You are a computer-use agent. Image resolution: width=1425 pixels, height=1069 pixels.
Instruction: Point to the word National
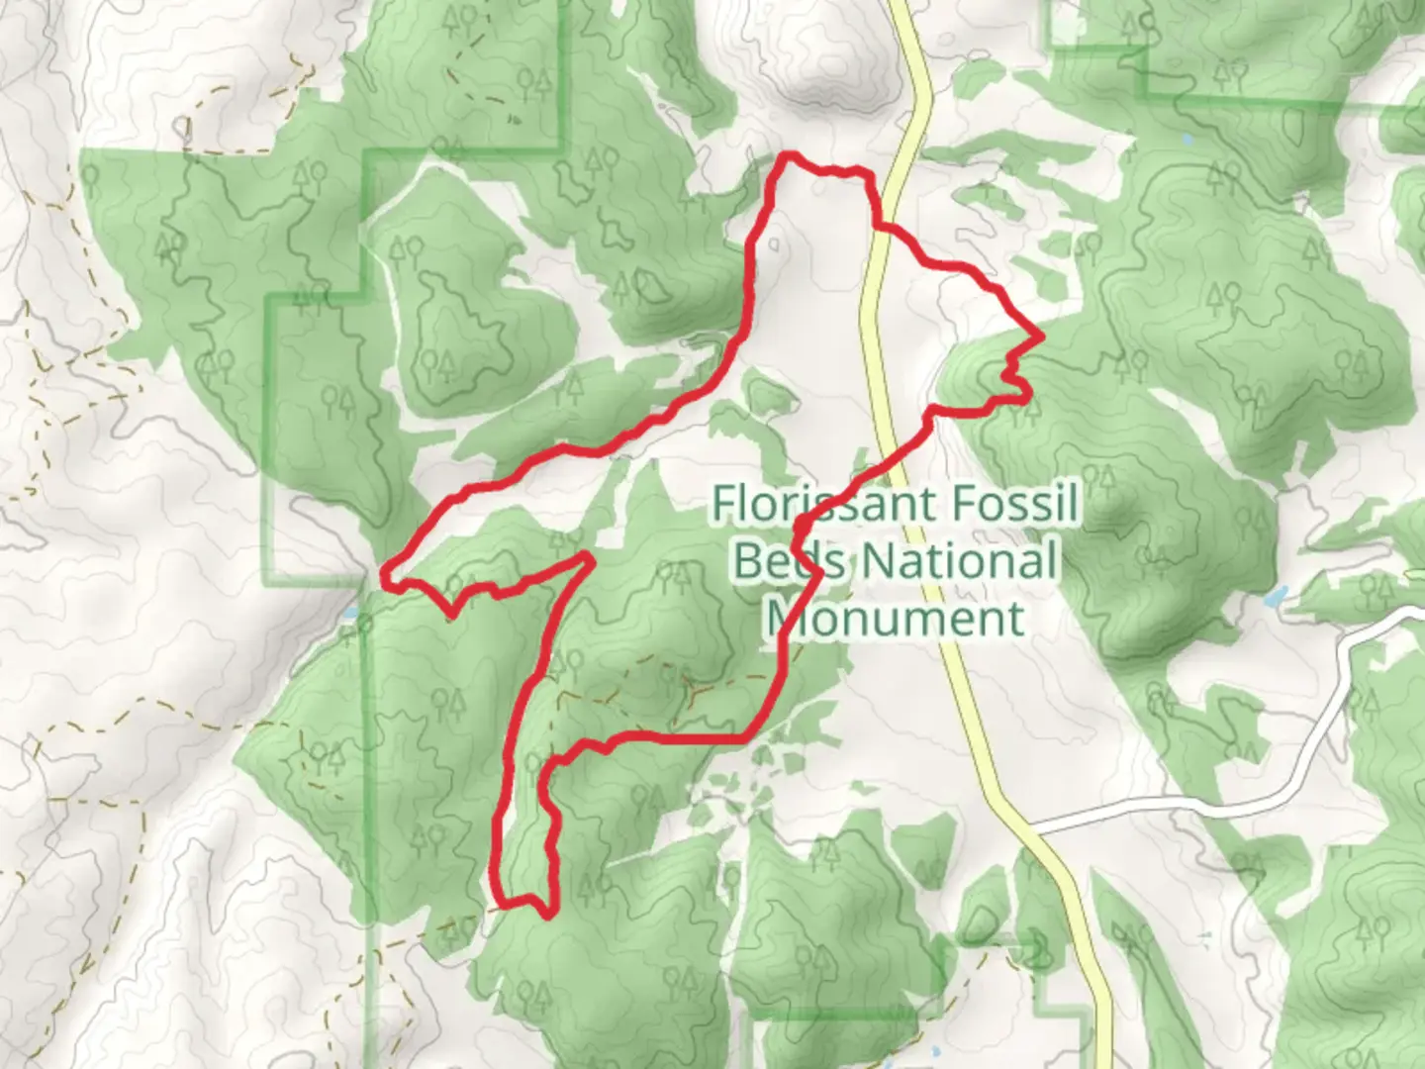(958, 561)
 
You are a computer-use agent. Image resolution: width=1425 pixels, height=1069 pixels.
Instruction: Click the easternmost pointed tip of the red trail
(1041, 337)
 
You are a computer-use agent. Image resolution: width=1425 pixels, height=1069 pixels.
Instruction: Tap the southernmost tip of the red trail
(547, 916)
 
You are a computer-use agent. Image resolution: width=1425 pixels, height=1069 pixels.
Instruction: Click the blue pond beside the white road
(1275, 598)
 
